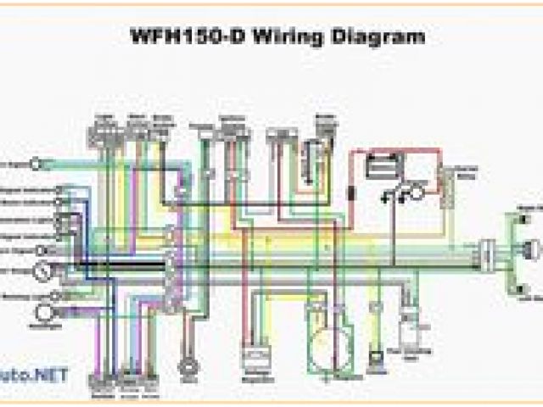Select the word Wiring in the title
tap(283, 36)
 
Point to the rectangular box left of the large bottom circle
tap(255, 358)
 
